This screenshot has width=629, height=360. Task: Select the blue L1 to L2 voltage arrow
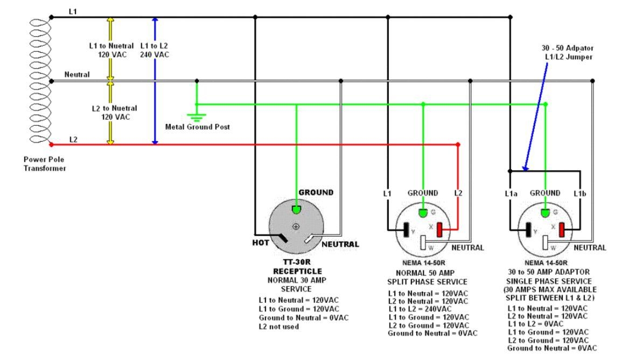tap(155, 81)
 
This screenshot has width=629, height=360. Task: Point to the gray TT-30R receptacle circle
tap(296, 226)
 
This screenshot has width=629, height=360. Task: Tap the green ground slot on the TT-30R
tap(296, 209)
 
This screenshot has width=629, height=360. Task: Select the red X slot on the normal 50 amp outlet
tap(440, 230)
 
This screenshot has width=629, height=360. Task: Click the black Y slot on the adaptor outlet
tap(528, 230)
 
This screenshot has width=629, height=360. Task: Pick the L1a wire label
tap(512, 193)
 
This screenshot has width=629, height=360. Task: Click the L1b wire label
tap(579, 193)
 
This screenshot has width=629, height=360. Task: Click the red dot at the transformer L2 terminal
tap(51, 144)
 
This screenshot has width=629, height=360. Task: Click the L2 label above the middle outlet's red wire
tap(458, 193)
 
